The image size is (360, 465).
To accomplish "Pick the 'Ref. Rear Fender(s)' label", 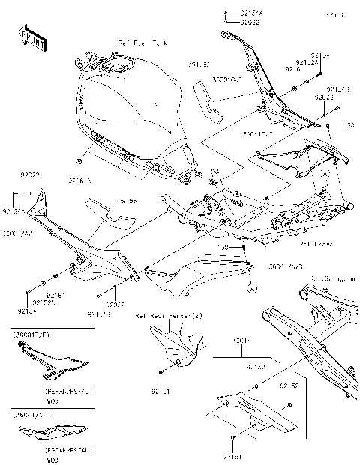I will tap(169, 318).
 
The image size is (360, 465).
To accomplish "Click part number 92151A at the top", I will tap(252, 13).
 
